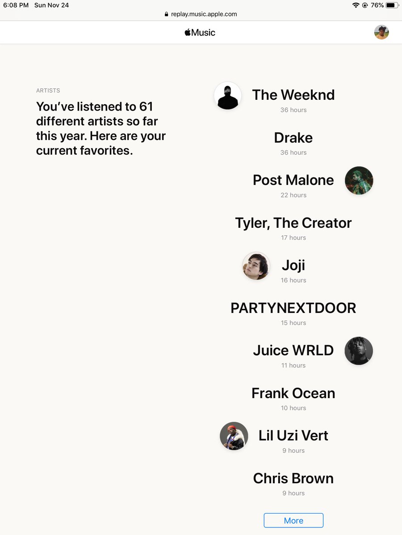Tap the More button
[x=293, y=520]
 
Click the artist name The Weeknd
[x=293, y=95]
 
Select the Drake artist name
[x=293, y=138]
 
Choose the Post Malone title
[x=293, y=180]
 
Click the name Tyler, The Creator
[x=293, y=223]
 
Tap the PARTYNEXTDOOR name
[x=293, y=308]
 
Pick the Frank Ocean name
[x=293, y=393]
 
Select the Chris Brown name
[x=293, y=478]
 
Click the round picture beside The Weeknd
[x=228, y=95]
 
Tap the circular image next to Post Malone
[x=359, y=181]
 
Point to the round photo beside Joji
[x=256, y=266]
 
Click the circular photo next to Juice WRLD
[x=359, y=351]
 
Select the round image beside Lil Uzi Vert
[x=234, y=436]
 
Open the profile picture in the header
[x=381, y=32]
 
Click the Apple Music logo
[x=200, y=33]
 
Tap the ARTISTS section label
[x=48, y=91]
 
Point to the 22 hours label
[x=293, y=195]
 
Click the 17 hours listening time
[x=293, y=238]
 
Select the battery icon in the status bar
[x=392, y=5]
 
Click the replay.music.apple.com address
[x=204, y=14]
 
